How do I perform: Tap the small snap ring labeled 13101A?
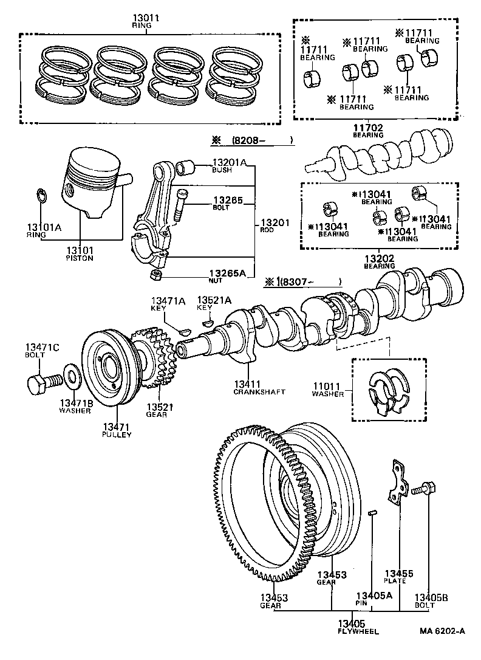tap(41, 195)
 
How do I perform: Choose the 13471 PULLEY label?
tap(117, 430)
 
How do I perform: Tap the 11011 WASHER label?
tap(328, 390)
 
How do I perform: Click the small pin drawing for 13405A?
tap(374, 513)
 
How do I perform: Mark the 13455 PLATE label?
tap(398, 576)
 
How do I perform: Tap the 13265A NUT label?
tap(227, 277)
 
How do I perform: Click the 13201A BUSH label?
tap(228, 165)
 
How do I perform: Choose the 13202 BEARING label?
tap(380, 262)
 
